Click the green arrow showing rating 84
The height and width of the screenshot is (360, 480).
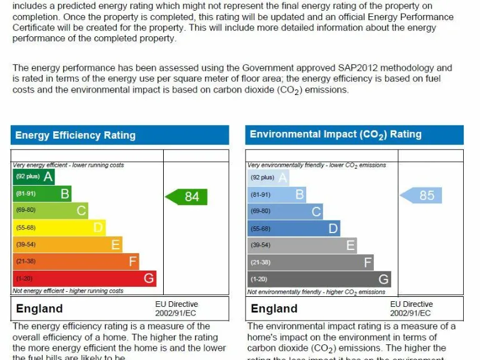(187, 197)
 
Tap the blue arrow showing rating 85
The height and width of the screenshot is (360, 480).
(421, 196)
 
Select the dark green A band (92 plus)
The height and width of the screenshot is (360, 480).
(34, 177)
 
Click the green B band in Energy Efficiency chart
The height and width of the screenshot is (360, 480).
(42, 194)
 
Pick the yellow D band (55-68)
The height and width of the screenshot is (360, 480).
(59, 227)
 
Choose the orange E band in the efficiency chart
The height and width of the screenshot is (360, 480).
(67, 244)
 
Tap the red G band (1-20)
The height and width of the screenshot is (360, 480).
(84, 278)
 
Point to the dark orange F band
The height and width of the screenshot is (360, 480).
(76, 261)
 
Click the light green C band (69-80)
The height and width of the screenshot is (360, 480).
(50, 211)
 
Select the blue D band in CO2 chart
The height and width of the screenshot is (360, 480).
(294, 229)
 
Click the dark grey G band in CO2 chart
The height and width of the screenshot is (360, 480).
(319, 279)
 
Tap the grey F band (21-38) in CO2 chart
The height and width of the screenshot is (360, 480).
(311, 262)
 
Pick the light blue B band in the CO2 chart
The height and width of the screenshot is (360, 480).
(277, 194)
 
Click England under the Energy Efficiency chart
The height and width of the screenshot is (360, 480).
(39, 309)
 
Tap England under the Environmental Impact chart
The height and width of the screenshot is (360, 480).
(274, 309)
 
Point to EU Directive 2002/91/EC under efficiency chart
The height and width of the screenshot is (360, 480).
(176, 308)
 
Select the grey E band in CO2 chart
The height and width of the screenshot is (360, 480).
(302, 246)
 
